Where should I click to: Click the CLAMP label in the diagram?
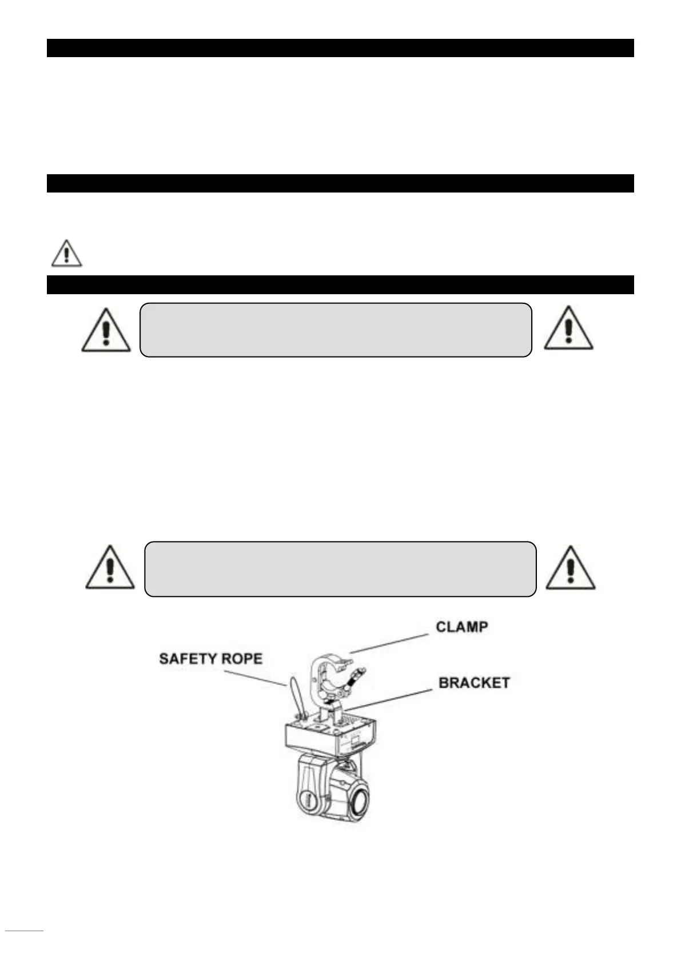click(461, 627)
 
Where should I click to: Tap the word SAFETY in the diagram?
click(188, 659)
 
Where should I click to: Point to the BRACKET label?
click(473, 683)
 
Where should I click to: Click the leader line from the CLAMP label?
click(389, 643)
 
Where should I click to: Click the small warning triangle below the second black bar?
click(66, 254)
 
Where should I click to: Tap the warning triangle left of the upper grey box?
click(106, 331)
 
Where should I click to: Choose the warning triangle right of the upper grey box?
click(568, 329)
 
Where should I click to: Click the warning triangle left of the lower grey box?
click(110, 568)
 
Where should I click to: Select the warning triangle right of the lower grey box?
click(570, 568)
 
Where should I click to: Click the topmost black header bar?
click(340, 48)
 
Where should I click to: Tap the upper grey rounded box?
click(336, 330)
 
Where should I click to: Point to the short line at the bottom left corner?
click(25, 931)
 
